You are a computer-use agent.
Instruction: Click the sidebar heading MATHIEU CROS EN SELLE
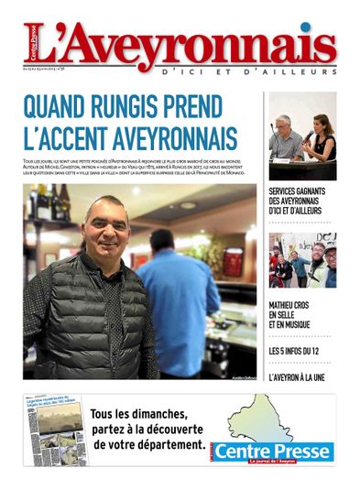[295, 318]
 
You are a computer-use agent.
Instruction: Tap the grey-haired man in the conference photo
[285, 137]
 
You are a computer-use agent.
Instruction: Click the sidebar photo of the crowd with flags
[302, 260]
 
